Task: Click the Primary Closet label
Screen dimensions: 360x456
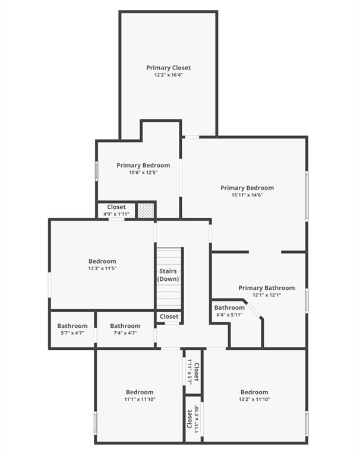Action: point(168,68)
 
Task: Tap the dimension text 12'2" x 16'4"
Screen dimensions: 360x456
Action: point(168,75)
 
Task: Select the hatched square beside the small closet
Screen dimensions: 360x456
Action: point(146,210)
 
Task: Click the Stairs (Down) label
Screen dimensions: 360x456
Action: point(168,275)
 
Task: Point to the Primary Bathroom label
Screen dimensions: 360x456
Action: point(266,288)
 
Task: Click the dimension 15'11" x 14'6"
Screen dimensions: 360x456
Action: point(247,195)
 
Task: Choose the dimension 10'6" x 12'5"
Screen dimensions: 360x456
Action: point(143,172)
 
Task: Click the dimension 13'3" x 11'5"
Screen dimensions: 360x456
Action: point(102,268)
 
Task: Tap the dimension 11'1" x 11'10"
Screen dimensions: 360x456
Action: point(140,399)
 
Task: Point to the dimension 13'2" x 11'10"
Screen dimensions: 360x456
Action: point(254,399)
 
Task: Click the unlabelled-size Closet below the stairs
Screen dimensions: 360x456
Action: point(169,316)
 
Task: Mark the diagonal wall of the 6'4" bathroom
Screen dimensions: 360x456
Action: point(252,309)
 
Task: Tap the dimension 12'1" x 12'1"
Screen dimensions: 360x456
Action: point(266,295)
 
